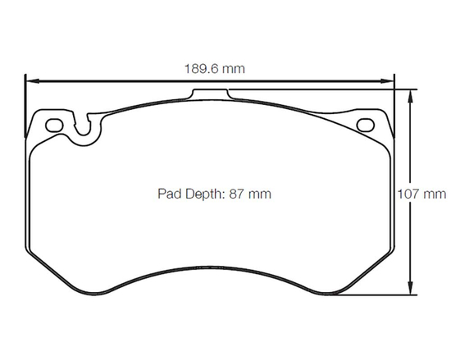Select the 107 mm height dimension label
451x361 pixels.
click(421, 194)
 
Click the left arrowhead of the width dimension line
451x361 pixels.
click(30, 80)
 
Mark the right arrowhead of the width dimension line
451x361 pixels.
click(389, 80)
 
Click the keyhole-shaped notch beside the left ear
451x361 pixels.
click(83, 130)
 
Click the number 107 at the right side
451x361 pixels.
click(410, 194)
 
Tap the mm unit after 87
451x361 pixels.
click(261, 194)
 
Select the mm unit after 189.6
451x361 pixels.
click(233, 69)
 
